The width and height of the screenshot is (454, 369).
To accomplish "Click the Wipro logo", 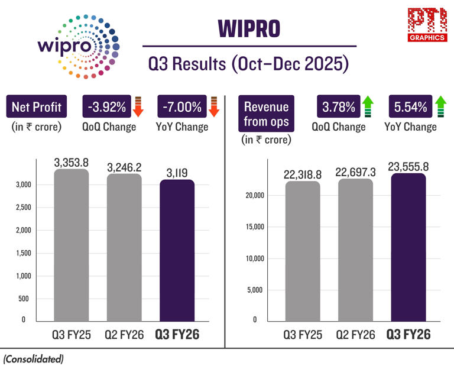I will coord(77,46).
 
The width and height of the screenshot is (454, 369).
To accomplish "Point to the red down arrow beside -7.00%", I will coord(214,107).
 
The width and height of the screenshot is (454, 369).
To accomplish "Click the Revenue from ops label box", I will coord(266,114).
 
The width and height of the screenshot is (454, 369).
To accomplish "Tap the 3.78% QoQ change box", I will coord(339,107).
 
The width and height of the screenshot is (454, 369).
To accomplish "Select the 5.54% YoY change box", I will coord(407,107).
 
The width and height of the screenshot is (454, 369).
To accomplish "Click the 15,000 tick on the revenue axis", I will coord(256,227).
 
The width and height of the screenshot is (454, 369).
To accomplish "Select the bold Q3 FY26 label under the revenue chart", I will coord(408,335).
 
